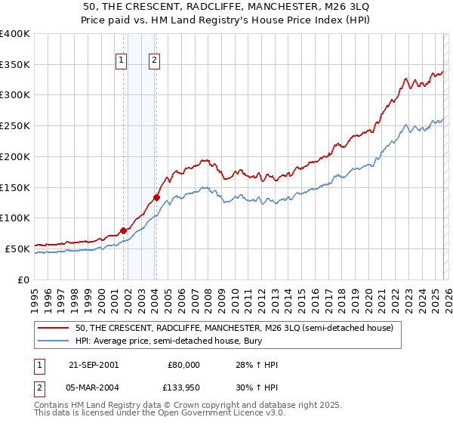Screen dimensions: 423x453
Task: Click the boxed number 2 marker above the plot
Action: [x=155, y=62]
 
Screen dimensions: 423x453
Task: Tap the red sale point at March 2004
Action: [x=156, y=198]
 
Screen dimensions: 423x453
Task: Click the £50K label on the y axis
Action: [x=17, y=249]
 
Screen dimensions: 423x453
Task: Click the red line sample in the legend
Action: [x=54, y=329]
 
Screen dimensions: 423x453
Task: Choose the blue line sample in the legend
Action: [x=54, y=342]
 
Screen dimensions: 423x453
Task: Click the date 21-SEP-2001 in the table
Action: [x=93, y=365]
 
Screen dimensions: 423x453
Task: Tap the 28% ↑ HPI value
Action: [x=257, y=365]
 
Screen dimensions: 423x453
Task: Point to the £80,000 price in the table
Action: [x=183, y=365]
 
